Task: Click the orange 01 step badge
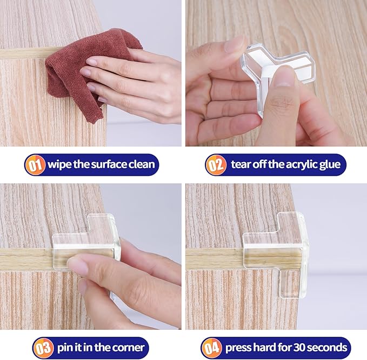click(x=35, y=164)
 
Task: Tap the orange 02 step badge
click(x=215, y=164)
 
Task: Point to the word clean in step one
click(x=140, y=164)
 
